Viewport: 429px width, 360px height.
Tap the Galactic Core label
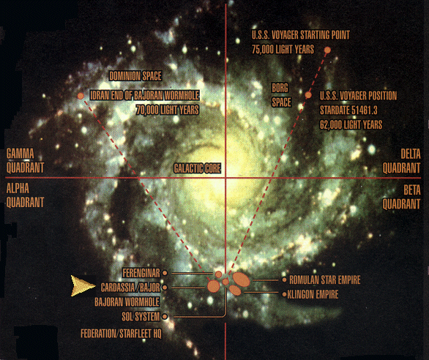[197, 168]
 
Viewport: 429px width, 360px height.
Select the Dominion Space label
[135, 76]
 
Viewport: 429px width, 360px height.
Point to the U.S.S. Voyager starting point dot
[327, 50]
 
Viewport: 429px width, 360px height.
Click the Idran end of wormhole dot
[81, 96]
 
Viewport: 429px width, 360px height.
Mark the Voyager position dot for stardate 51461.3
[308, 95]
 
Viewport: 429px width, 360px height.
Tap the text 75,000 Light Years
[283, 50]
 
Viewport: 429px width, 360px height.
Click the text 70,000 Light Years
[168, 110]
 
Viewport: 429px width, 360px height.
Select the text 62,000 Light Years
[351, 124]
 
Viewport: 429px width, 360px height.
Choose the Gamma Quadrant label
[25, 161]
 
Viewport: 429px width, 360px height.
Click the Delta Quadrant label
[401, 161]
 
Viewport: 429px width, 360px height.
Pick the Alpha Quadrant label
[25, 195]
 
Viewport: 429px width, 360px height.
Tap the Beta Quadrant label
[401, 197]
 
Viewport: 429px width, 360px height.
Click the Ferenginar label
[141, 273]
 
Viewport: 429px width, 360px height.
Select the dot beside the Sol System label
[165, 317]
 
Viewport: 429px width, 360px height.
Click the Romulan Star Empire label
[325, 280]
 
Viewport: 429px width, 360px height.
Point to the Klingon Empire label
[313, 294]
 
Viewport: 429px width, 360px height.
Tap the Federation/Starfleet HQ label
[121, 334]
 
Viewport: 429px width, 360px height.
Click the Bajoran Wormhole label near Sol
[127, 302]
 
